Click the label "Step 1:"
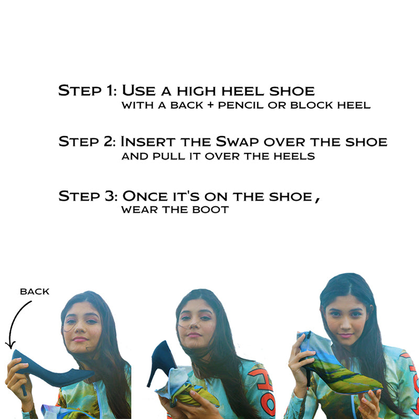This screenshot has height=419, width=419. click(x=87, y=90)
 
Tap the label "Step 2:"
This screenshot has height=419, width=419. click(x=87, y=142)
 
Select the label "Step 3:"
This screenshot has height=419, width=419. click(x=87, y=196)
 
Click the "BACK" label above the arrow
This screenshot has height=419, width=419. click(x=35, y=292)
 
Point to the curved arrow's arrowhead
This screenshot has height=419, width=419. click(x=8, y=345)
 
